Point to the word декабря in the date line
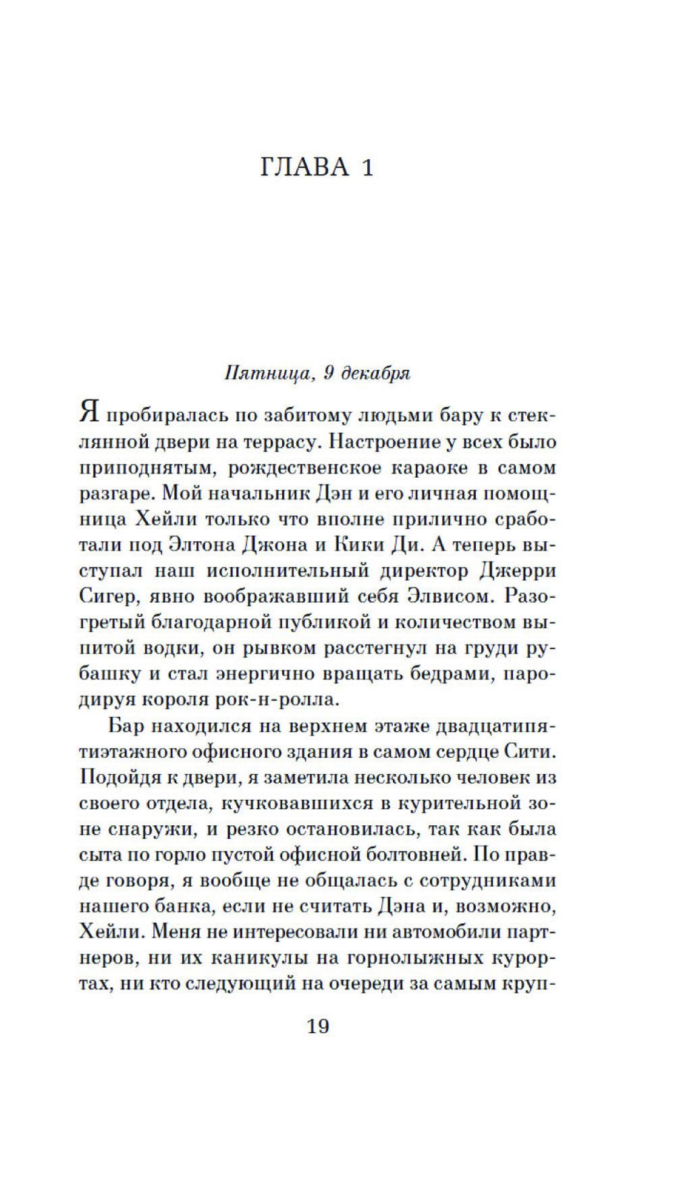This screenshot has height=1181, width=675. (376, 373)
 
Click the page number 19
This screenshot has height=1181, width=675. (318, 1026)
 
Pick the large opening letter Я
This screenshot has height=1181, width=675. (89, 412)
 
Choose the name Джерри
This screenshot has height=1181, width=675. (518, 570)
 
